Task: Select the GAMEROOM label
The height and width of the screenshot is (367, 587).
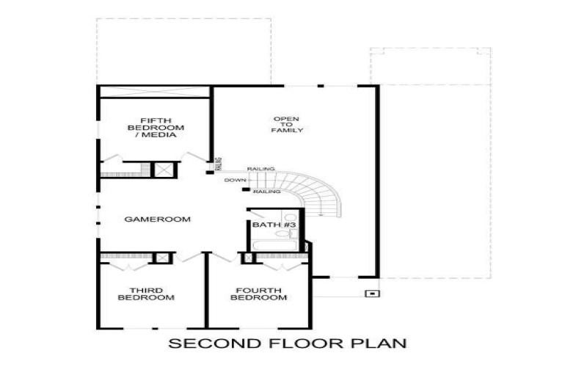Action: click(x=157, y=219)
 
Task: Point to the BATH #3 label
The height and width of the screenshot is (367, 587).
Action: click(x=274, y=225)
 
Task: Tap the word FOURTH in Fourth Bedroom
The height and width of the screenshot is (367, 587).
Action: click(x=259, y=291)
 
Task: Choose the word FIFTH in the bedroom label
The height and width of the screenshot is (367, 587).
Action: click(x=156, y=120)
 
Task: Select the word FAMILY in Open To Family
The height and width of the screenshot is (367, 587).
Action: click(x=287, y=131)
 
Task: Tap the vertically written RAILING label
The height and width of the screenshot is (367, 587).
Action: click(x=219, y=164)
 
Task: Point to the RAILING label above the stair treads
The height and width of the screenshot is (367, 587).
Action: click(x=261, y=170)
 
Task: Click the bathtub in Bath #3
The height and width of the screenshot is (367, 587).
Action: click(x=274, y=246)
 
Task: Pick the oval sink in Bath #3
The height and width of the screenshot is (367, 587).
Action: click(x=282, y=234)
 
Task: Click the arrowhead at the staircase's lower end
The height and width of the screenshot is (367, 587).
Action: click(x=321, y=215)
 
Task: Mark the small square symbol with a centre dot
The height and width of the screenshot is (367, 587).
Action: click(x=372, y=294)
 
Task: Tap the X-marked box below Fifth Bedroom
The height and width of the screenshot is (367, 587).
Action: click(x=164, y=170)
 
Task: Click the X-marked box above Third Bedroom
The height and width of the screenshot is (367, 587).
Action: click(x=162, y=258)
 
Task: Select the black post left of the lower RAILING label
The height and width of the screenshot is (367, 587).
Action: click(x=246, y=189)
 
